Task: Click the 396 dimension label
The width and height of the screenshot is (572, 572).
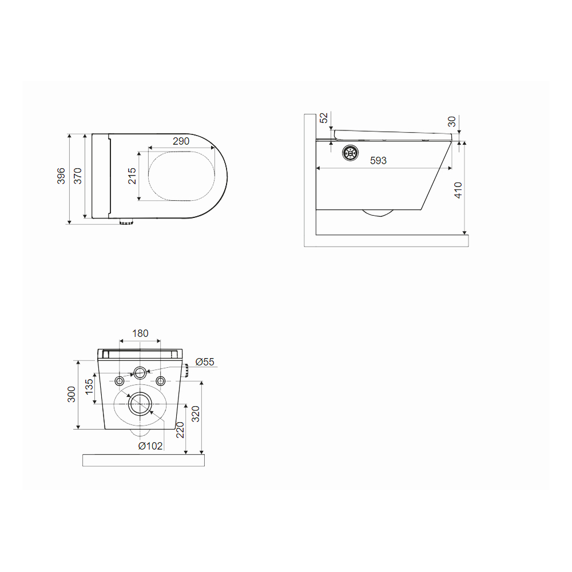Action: click(61, 176)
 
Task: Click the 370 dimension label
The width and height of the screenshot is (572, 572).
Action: click(77, 176)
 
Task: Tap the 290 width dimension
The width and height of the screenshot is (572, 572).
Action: click(181, 141)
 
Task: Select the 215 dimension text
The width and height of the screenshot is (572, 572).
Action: click(132, 176)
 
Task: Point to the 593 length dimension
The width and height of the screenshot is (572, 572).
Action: click(378, 161)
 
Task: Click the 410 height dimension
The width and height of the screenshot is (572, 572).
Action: click(458, 190)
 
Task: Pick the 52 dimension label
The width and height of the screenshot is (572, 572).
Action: click(324, 118)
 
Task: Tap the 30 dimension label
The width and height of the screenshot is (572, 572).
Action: click(452, 121)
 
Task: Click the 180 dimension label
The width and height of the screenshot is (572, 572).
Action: click(140, 333)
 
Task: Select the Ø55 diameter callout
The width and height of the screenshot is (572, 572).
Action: click(205, 362)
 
